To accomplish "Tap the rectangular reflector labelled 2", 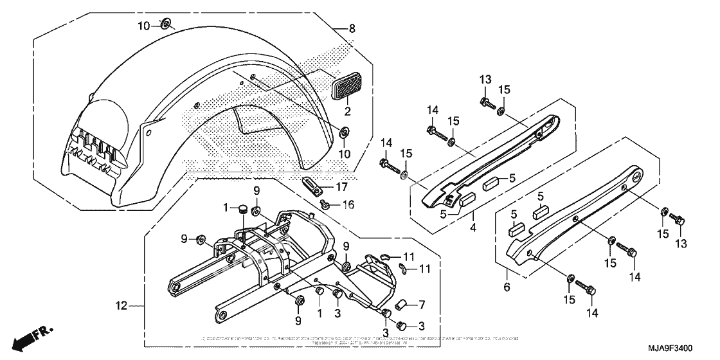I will coord(349,85).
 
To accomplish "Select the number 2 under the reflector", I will coord(348,111).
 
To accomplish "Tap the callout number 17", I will coord(340,188).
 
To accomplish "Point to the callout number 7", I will coord(422,303).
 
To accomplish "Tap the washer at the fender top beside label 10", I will coord(166,25).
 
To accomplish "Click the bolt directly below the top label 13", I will coord(485,102).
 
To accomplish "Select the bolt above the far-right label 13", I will coord(681,221).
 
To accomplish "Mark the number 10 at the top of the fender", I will coord(143,25).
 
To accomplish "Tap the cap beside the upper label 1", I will coord(244,208).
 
